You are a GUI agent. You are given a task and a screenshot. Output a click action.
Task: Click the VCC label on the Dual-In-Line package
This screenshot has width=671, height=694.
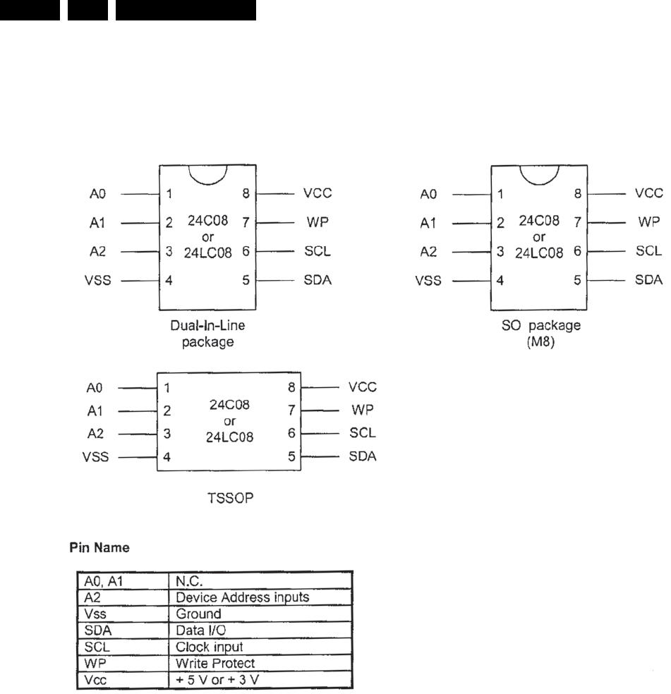[x=316, y=193]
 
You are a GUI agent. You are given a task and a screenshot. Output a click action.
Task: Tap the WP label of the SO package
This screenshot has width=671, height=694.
[x=648, y=221]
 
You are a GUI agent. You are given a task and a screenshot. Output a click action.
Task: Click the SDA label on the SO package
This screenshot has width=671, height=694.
[x=648, y=279]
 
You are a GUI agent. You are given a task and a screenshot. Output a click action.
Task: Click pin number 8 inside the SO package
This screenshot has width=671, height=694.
[x=577, y=193]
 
